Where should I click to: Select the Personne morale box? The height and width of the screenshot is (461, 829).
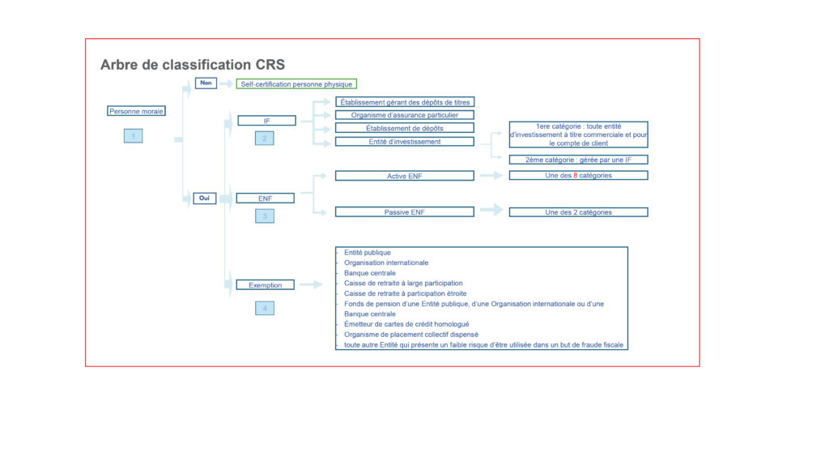136,111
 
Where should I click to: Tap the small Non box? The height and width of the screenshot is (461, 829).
206,83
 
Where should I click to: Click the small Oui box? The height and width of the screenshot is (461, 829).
205,198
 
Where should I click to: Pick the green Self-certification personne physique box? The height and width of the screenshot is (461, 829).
296,84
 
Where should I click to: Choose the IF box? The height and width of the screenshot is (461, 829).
266,121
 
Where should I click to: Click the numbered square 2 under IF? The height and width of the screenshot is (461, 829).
265,139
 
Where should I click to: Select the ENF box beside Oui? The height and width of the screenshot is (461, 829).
265,198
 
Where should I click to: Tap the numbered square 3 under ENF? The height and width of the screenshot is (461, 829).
265,216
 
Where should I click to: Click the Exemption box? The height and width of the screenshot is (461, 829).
265,284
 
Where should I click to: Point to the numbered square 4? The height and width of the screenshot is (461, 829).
265,308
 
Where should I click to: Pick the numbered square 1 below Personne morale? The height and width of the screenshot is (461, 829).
134,136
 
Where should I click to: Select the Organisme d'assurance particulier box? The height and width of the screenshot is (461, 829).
405,115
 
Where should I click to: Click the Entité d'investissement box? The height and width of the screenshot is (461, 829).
405,141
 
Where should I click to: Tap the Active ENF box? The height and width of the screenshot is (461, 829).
405,176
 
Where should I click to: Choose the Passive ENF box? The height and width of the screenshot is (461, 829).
405,211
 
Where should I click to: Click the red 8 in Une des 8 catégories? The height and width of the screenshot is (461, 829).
576,175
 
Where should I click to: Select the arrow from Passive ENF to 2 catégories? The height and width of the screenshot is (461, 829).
491,210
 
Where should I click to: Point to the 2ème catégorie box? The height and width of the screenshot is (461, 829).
578,160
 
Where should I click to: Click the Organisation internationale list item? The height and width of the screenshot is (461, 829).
386,263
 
